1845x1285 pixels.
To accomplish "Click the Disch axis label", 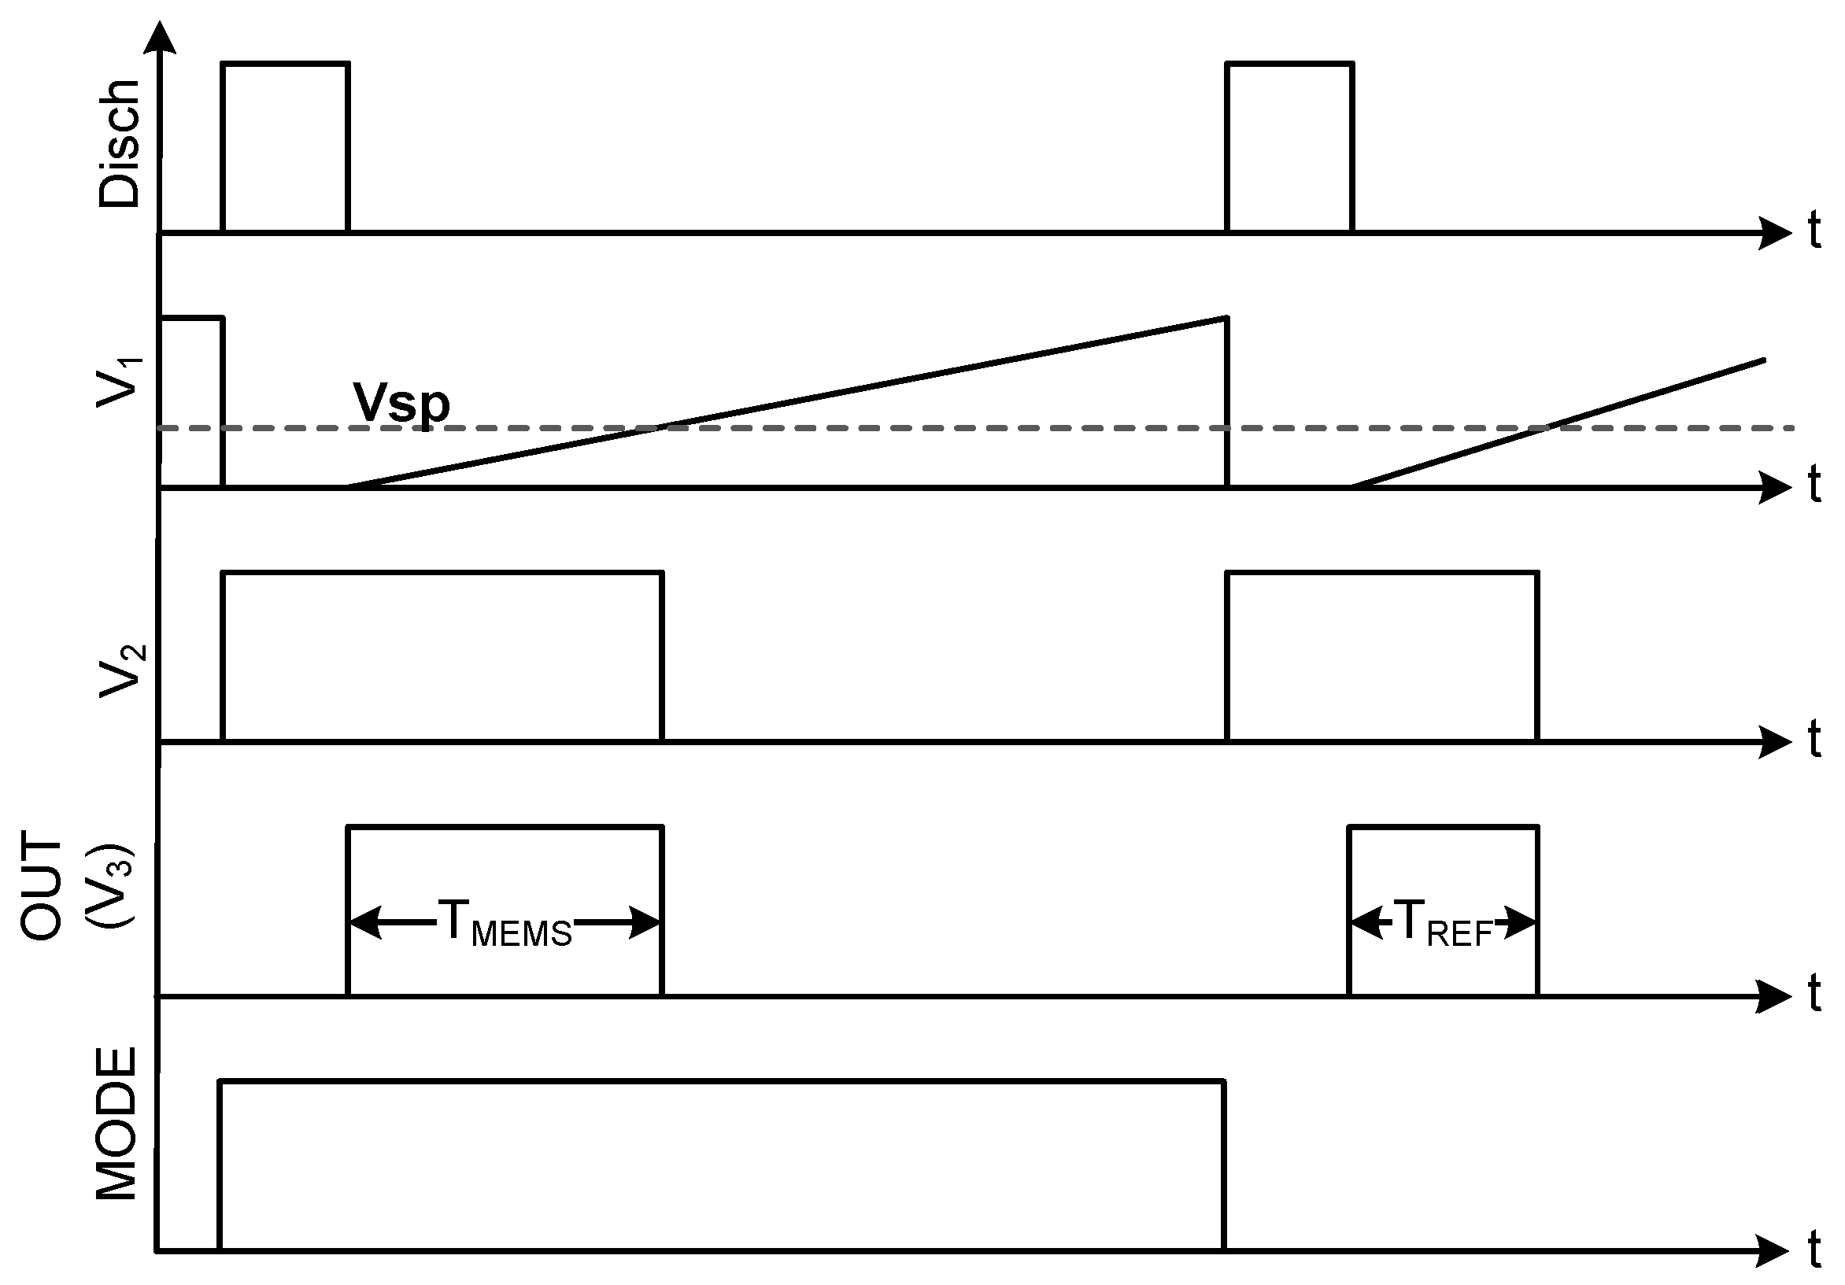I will click(x=119, y=145).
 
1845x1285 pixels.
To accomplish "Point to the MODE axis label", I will click(x=116, y=1124).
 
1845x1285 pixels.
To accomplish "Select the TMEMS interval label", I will click(x=505, y=923).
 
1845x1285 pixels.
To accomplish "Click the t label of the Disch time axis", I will click(x=1814, y=231).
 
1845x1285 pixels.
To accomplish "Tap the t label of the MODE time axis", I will click(x=1814, y=1250).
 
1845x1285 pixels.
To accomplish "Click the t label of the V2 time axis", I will click(x=1814, y=739).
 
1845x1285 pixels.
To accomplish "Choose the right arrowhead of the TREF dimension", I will click(x=1521, y=923).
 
